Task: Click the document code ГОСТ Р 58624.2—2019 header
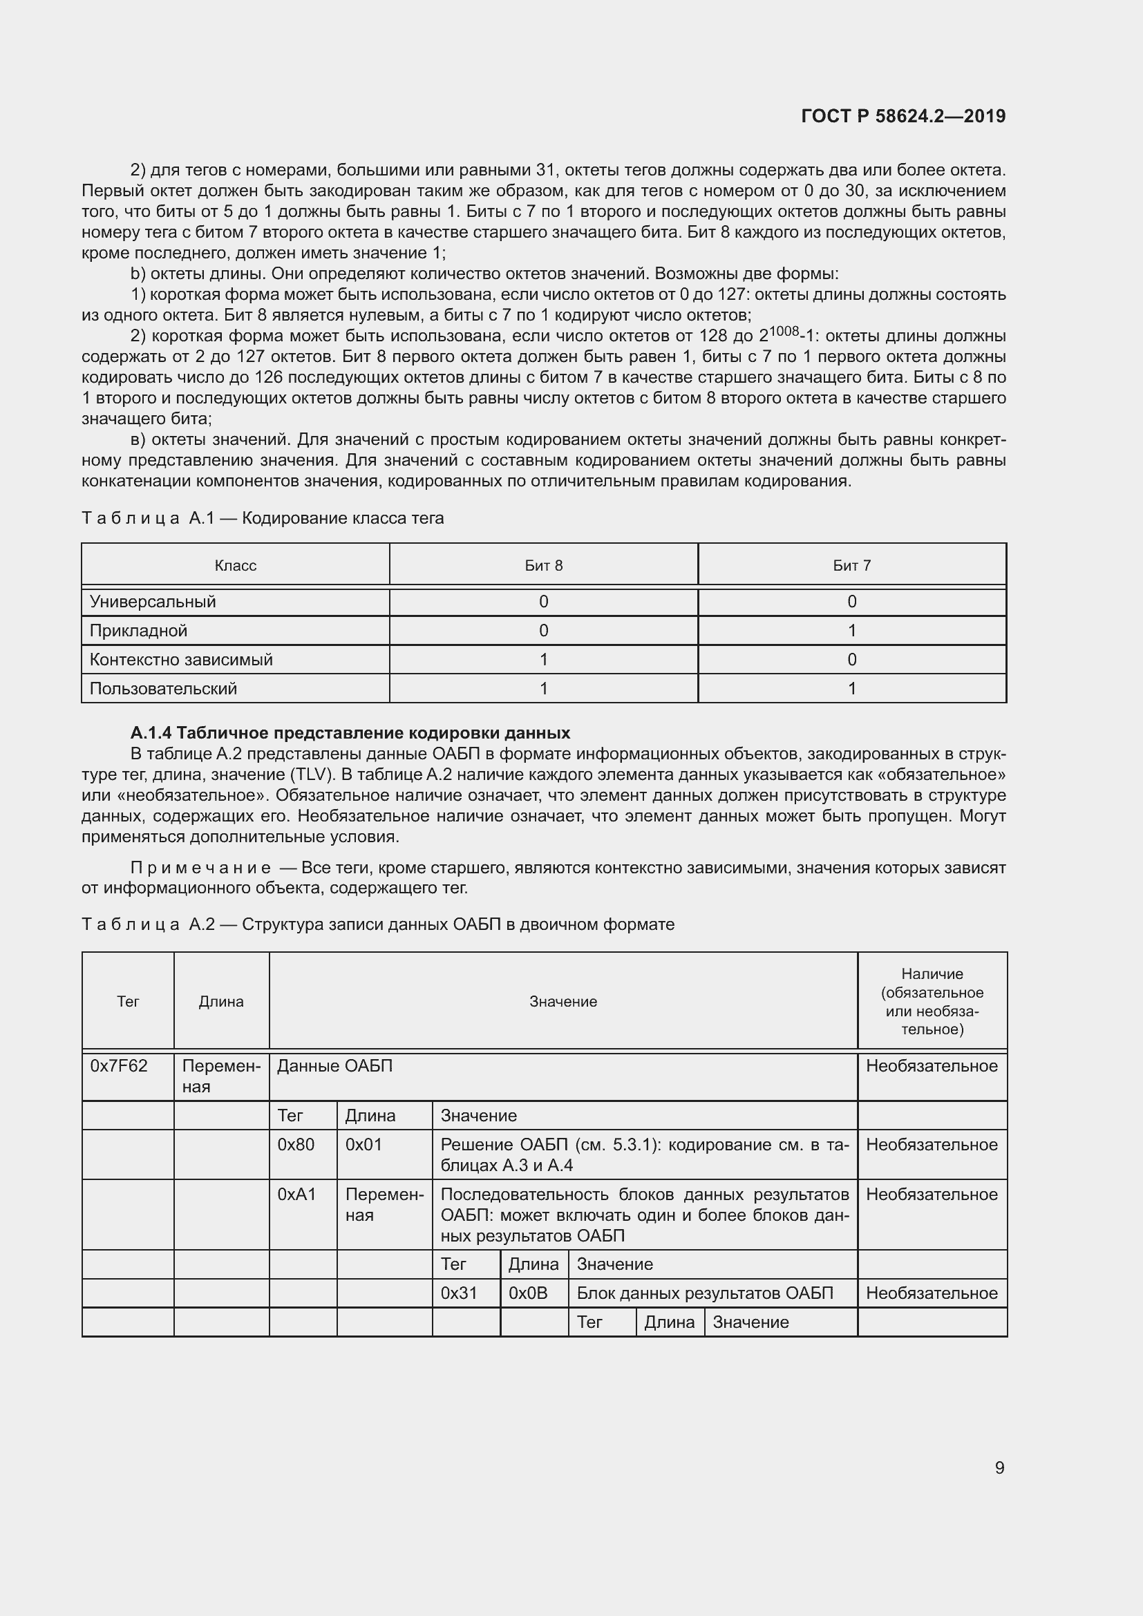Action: click(x=903, y=116)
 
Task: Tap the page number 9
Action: click(x=999, y=1467)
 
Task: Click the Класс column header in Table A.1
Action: click(x=235, y=565)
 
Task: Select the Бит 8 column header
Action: click(x=543, y=565)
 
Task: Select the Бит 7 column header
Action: click(x=851, y=565)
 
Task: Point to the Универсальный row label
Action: click(x=153, y=602)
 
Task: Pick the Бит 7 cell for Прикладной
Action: click(x=851, y=631)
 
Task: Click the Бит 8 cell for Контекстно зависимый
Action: click(x=543, y=660)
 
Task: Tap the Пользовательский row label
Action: click(x=163, y=688)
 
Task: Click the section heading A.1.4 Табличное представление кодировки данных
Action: click(x=350, y=732)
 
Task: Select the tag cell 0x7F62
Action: click(x=119, y=1065)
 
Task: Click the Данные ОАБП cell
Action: click(x=335, y=1065)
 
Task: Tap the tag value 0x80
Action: click(x=296, y=1144)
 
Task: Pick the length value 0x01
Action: click(x=364, y=1144)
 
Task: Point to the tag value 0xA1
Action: click(x=297, y=1195)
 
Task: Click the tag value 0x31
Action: click(x=459, y=1293)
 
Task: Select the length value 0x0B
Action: click(x=528, y=1293)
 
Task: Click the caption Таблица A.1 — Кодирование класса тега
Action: click(x=263, y=519)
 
